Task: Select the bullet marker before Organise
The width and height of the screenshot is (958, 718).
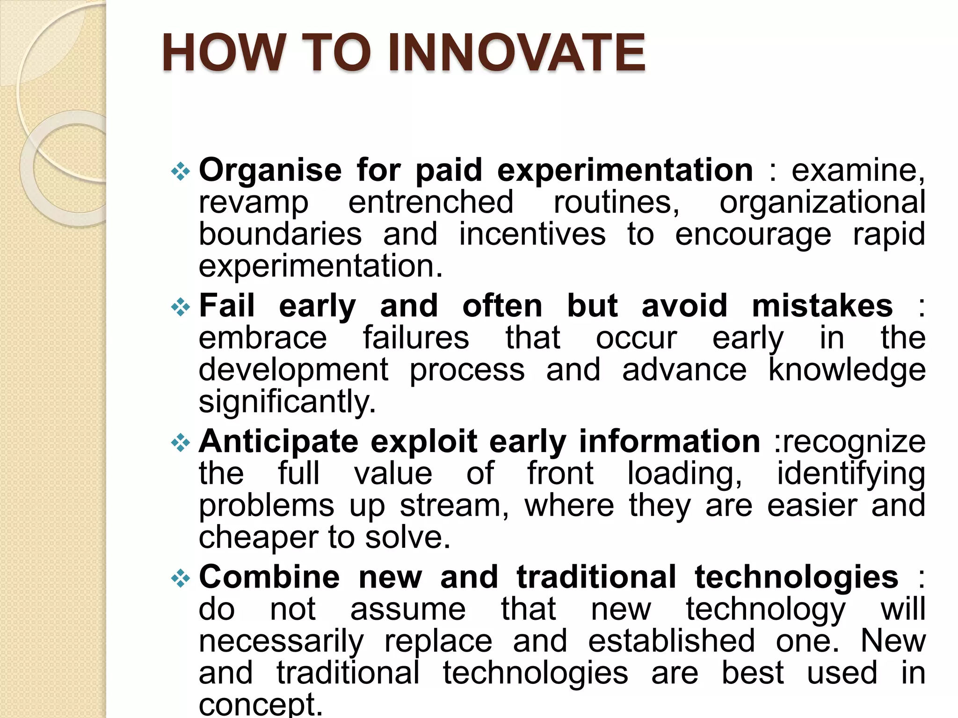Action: [181, 172]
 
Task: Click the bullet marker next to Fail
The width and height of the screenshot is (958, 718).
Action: [181, 308]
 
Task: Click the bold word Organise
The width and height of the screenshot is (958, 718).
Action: [270, 170]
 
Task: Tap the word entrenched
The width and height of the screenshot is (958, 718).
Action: [431, 202]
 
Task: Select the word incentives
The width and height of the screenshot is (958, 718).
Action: [532, 234]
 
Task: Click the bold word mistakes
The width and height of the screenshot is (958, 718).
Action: [822, 306]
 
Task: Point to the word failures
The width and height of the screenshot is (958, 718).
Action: [416, 338]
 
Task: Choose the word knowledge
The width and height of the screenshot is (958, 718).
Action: [847, 370]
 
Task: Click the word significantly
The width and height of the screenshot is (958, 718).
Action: [287, 402]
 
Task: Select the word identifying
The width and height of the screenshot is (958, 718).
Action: [851, 474]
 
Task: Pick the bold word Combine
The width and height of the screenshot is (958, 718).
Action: [269, 577]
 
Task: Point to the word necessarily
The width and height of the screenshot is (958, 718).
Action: [281, 641]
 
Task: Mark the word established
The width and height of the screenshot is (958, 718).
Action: [671, 641]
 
